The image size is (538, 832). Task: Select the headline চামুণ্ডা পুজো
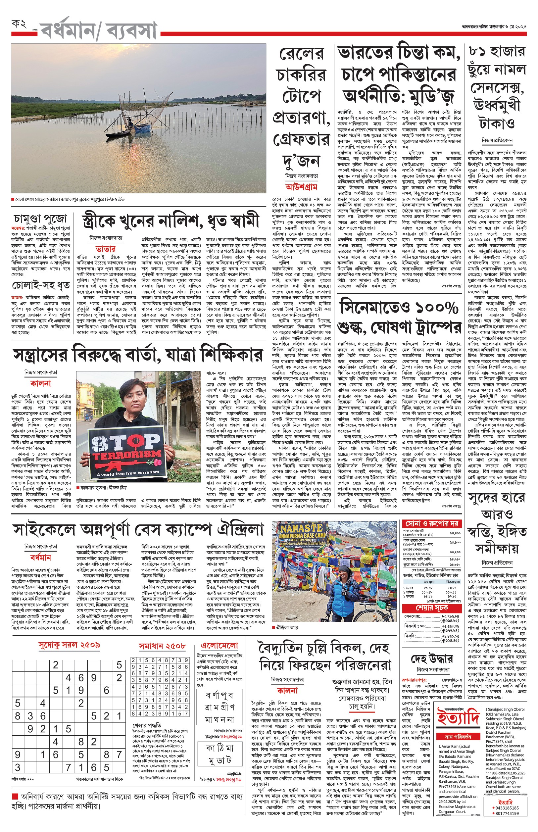coord(40,219)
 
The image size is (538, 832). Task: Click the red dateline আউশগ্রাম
coord(301,187)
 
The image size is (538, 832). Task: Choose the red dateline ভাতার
coord(106,249)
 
